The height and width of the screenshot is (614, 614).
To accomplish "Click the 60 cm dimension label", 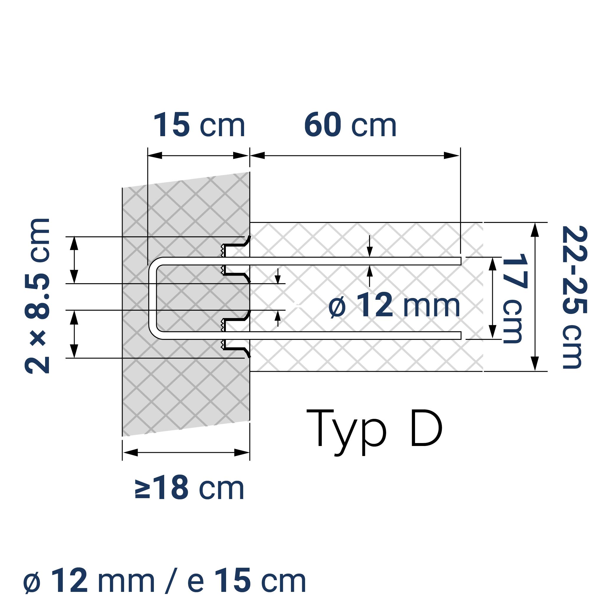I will [350, 126].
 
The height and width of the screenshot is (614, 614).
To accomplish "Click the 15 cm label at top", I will [199, 126].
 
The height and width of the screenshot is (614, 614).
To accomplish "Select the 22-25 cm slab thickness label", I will [574, 297].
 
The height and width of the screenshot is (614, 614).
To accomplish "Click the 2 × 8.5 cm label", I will [37, 296].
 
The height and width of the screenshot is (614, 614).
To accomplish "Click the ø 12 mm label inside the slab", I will [394, 306].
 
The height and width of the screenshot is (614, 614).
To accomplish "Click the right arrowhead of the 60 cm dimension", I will [452, 156].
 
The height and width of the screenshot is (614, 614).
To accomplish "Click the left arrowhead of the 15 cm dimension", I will [155, 156].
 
